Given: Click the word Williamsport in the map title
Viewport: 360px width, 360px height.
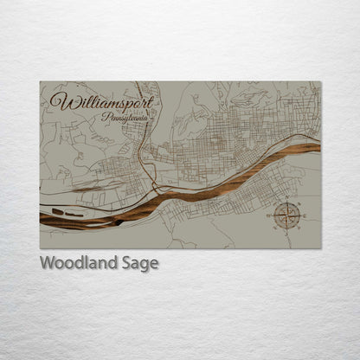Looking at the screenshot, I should (101, 102).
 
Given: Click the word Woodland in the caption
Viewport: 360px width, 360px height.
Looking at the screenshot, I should (75, 263).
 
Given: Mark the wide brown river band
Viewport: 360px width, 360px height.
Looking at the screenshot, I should (199, 189).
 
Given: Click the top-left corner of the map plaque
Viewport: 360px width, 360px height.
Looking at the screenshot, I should (40, 81).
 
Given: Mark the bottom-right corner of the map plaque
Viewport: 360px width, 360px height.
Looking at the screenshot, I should (320, 249).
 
